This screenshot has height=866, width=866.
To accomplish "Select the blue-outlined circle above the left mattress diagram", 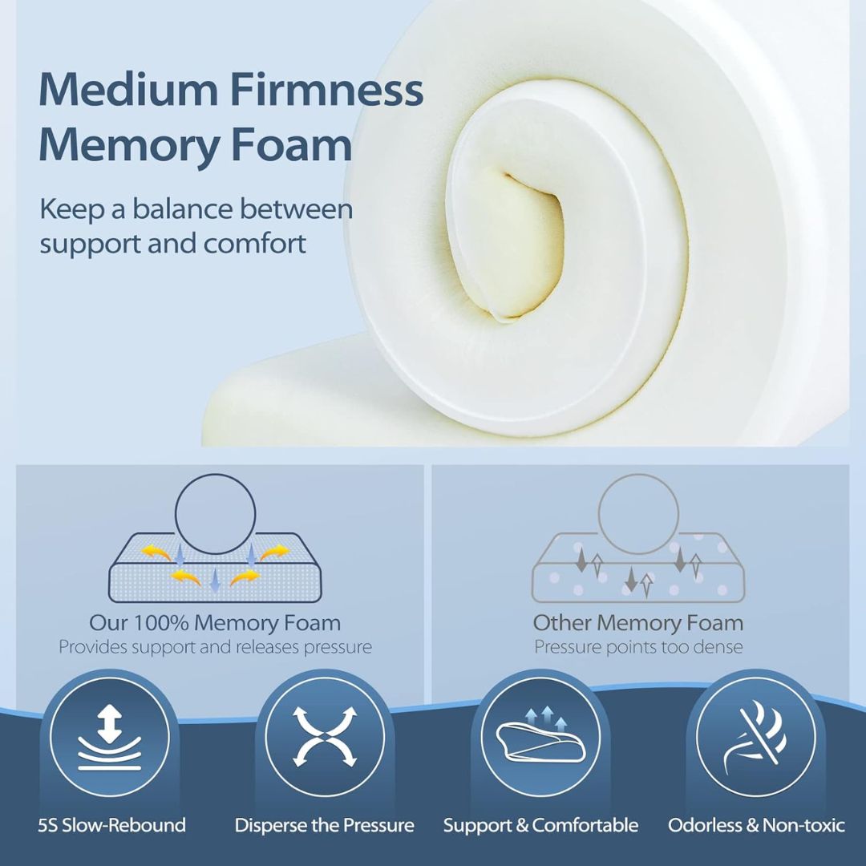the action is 216,514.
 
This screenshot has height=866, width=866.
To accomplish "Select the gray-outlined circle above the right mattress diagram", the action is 638,514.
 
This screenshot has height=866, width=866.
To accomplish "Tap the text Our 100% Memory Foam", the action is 215,622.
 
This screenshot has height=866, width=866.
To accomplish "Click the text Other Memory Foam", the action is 638,622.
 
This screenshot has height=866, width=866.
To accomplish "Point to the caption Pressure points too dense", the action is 638,647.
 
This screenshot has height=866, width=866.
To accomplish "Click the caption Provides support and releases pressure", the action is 216,647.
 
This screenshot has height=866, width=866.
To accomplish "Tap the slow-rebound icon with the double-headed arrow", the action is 110,737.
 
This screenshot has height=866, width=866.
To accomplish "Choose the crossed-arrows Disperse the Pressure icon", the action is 325,737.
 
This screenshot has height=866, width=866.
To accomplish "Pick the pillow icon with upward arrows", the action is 540,737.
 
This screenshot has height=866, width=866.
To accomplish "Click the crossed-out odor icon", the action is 755,737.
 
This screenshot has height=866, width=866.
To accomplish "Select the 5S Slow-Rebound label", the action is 112,825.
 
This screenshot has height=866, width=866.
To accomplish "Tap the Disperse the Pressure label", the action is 325,825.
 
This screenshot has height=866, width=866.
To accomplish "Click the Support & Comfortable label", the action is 540,825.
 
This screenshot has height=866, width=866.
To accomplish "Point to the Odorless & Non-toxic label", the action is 756,825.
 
